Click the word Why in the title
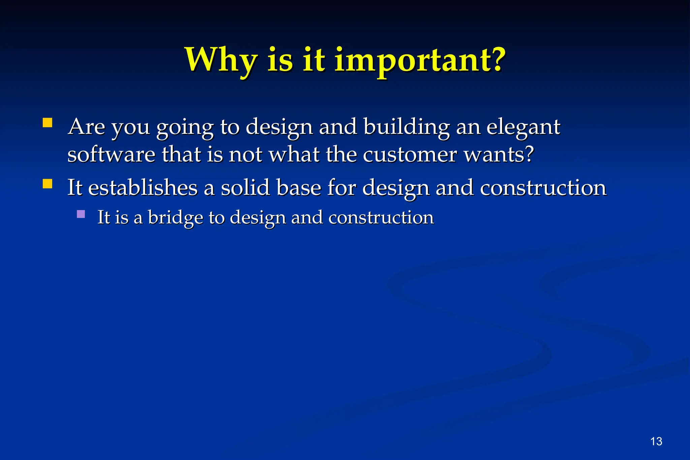(x=221, y=60)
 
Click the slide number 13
(x=656, y=441)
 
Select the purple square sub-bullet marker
(x=81, y=214)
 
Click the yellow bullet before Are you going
(x=48, y=123)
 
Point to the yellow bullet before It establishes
(x=48, y=184)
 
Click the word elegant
(x=523, y=127)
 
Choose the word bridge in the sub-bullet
(x=175, y=217)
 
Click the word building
(x=407, y=127)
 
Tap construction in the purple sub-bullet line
(x=381, y=217)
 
